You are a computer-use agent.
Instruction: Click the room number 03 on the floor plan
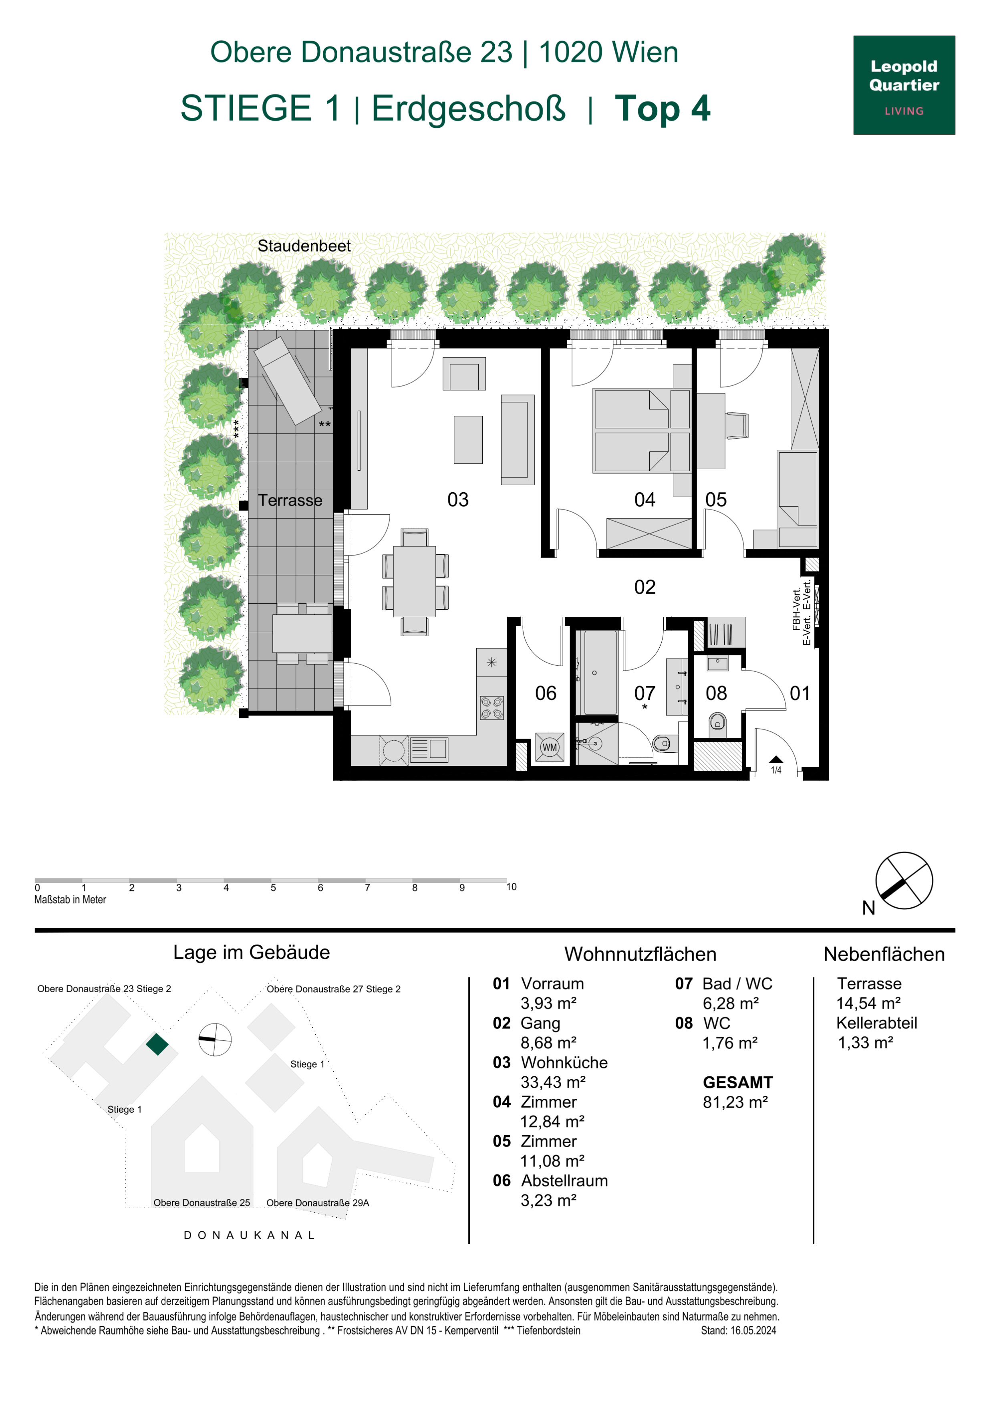[458, 500]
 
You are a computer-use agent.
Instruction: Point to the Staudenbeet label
[304, 246]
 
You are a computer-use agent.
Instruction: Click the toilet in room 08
[717, 725]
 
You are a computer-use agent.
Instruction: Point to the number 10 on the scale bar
[511, 886]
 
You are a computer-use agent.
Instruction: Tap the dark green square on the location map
[157, 1044]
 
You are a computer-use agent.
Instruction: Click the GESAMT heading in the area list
[737, 1083]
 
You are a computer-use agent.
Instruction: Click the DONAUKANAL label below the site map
[249, 1235]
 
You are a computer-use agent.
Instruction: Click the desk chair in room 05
[737, 425]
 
